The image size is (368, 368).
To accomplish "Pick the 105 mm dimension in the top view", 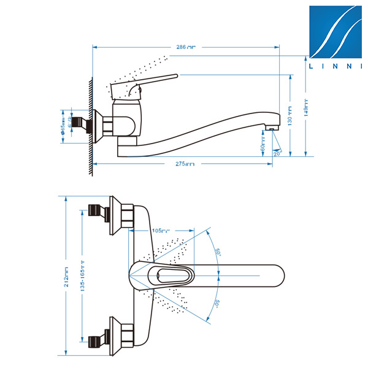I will (161, 231).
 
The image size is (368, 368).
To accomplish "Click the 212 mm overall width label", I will (66, 277).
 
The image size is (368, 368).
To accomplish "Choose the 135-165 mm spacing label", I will (82, 277).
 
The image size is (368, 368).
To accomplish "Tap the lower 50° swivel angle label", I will (217, 302).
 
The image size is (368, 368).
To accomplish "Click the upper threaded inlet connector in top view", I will (96, 211).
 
